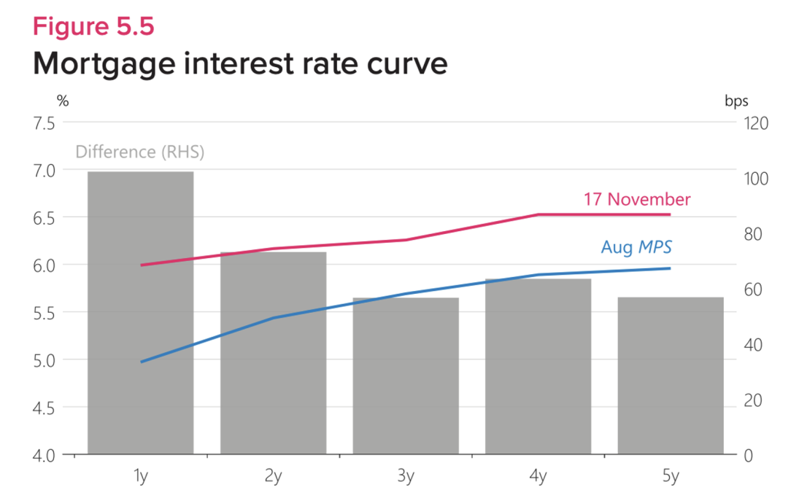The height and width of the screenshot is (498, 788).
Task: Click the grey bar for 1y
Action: pos(140,314)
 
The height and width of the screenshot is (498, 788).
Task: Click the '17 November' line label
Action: pos(637,199)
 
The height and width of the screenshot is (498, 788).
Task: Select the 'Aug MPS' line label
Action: pos(636,247)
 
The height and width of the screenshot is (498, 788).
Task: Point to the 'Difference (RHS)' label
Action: pos(140,152)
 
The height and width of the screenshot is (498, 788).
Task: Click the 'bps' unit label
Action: pos(736,101)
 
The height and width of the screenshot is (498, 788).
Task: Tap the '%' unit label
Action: pos(63,101)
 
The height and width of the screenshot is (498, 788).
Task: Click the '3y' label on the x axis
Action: pos(406,477)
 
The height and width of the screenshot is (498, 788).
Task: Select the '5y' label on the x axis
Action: pos(671,477)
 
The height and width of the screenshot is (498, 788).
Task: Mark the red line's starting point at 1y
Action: pos(141,265)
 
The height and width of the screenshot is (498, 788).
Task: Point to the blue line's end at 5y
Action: pos(670,268)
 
